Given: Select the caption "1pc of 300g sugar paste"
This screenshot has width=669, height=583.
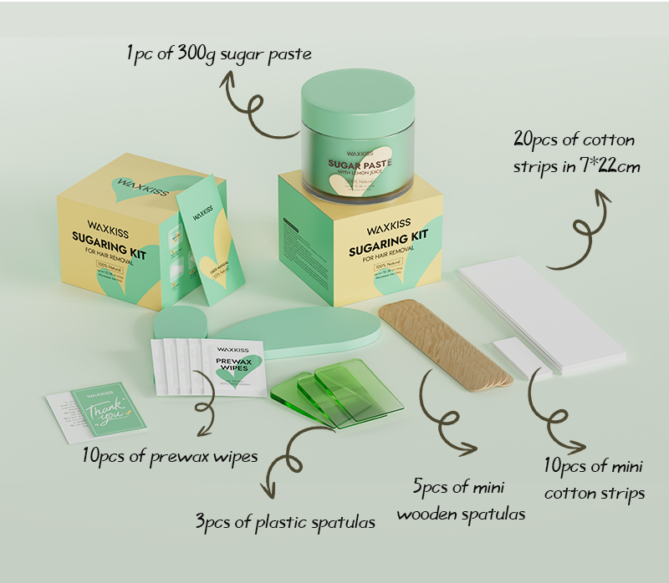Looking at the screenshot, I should click(219, 54).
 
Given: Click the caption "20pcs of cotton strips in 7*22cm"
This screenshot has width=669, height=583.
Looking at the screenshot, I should click(576, 154).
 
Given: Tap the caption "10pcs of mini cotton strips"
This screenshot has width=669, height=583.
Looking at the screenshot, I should click(595, 479).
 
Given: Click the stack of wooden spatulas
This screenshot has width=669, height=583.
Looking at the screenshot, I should click(443, 342).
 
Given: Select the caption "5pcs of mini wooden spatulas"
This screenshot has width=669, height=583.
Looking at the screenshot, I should click(461, 499).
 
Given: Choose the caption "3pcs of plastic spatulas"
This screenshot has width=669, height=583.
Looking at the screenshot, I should click(285, 523).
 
